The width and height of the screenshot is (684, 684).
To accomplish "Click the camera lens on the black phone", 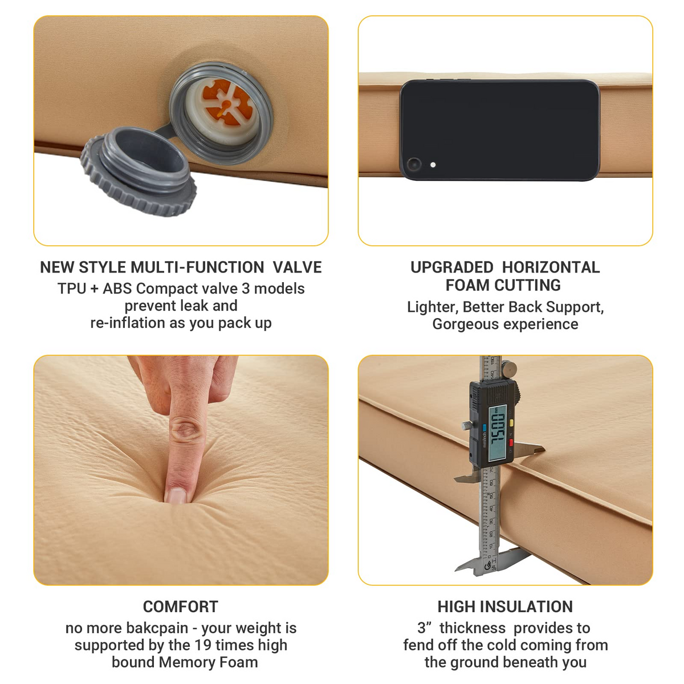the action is pos(413,164).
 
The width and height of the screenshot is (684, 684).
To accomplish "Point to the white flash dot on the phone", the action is pos(433,165).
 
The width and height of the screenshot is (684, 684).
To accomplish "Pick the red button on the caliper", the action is pos(511,442).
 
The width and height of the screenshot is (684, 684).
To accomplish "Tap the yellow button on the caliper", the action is pos(511,422).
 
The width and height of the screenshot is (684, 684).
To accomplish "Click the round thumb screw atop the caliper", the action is pos(509,368).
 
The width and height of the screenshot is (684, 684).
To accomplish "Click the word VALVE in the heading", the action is pos(297,267).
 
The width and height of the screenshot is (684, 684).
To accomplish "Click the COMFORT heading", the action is pos(180,606).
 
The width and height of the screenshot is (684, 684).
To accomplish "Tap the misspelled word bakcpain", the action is pos(157,628).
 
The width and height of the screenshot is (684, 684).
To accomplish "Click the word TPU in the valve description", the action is pos(72,288).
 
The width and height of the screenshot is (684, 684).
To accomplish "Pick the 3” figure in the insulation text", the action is pos(425,628).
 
